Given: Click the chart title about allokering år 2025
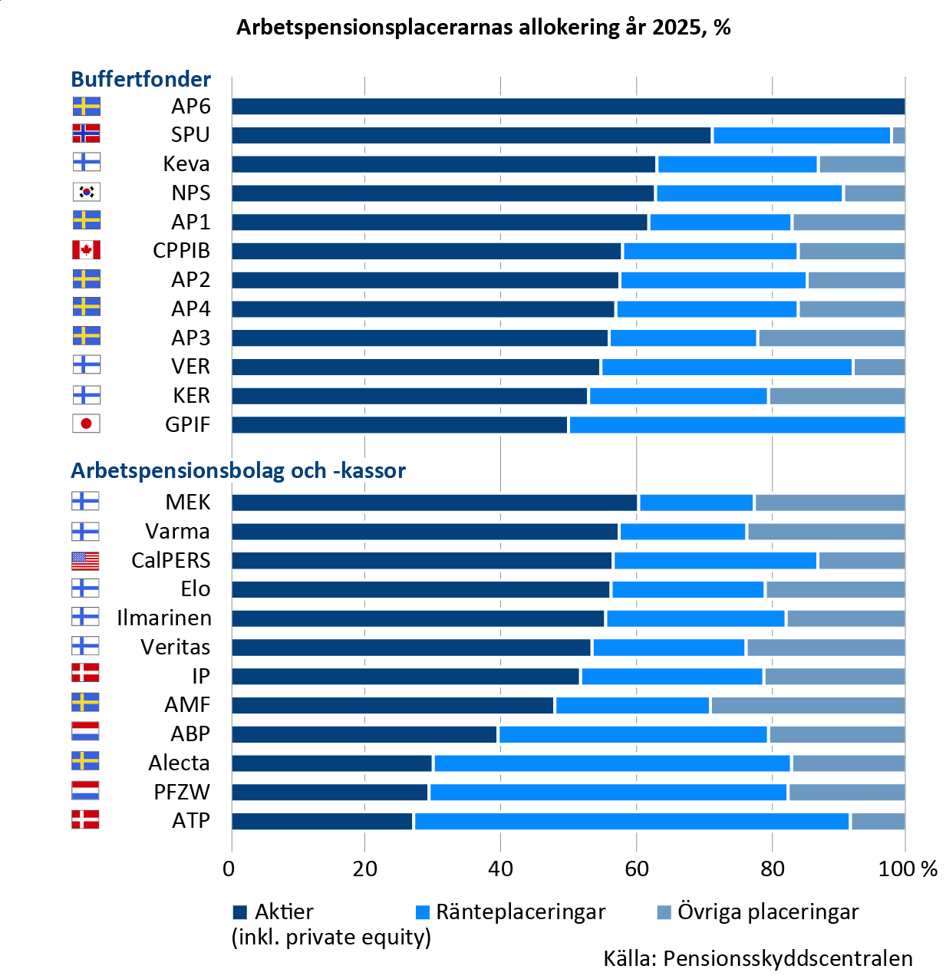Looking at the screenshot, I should click(x=483, y=28).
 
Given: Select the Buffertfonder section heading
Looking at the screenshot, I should click(x=140, y=79).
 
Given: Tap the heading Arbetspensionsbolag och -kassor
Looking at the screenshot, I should click(x=238, y=470).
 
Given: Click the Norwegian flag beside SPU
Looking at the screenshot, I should click(x=86, y=134).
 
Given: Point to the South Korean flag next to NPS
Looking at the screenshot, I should click(x=86, y=192).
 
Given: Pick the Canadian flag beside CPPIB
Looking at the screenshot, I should click(x=86, y=250).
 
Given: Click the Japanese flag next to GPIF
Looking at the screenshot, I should click(x=86, y=424).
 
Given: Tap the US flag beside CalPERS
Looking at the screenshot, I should click(x=85, y=560).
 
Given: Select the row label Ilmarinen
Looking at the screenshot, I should click(x=163, y=618).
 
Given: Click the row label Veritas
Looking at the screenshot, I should click(x=175, y=648).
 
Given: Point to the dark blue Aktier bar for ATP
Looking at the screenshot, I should click(x=322, y=821).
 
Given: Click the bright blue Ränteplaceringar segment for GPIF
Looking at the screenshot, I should click(x=737, y=425).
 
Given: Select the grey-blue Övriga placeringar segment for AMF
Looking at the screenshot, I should click(x=807, y=705).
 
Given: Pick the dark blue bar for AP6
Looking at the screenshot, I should click(x=568, y=107).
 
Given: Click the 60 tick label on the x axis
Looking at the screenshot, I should click(x=636, y=869).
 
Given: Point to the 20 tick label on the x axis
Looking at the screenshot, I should click(x=365, y=869).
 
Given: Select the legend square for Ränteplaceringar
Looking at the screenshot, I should click(x=422, y=912).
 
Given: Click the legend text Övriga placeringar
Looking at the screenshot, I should click(x=768, y=912).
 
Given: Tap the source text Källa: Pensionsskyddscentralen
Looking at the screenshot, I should click(x=758, y=959).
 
